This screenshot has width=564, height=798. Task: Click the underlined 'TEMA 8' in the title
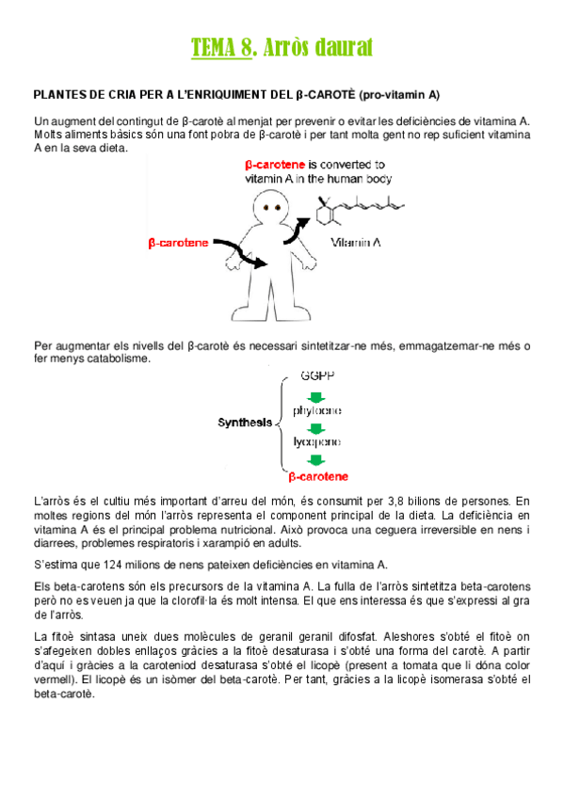click(x=221, y=47)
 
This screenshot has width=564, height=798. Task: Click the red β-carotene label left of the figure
click(x=179, y=243)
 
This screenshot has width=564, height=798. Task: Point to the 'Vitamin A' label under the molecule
click(x=355, y=243)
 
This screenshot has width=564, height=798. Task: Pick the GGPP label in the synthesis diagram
click(x=317, y=375)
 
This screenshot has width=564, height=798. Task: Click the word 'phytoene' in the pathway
click(x=316, y=411)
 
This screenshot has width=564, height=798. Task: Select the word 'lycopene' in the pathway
click(x=316, y=441)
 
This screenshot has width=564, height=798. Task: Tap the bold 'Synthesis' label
click(x=245, y=423)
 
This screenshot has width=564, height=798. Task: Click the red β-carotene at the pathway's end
click(x=317, y=476)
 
